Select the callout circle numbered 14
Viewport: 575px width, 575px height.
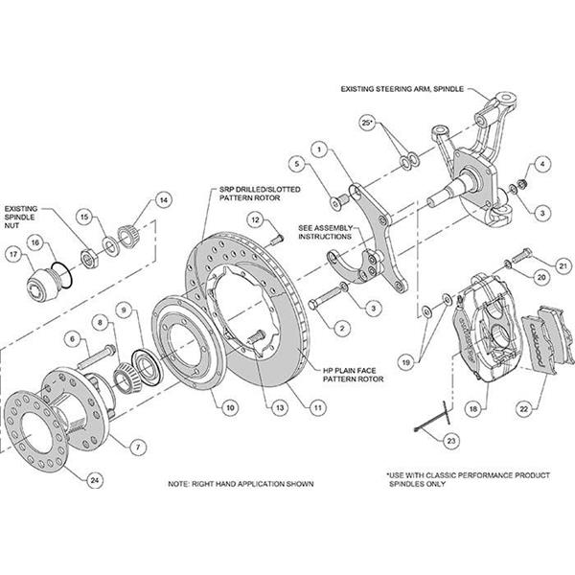coord(163,200)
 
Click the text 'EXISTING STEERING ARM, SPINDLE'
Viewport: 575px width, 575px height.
coord(402,89)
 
